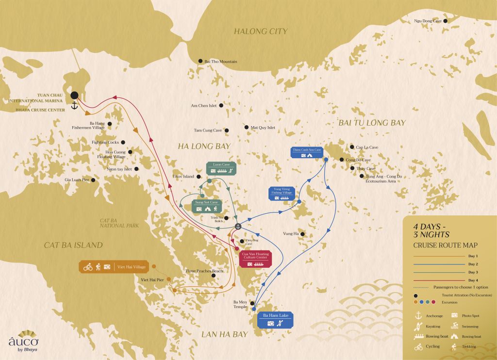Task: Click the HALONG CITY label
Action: (x=261, y=31)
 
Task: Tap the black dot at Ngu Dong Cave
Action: (x=445, y=21)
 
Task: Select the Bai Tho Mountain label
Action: (x=221, y=62)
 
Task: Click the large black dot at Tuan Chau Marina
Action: (x=75, y=96)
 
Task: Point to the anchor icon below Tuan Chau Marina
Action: (x=75, y=106)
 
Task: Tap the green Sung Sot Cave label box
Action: (x=207, y=205)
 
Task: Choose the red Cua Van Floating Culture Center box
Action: (x=255, y=259)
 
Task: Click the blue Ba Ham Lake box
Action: (x=275, y=320)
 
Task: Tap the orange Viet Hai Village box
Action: (x=114, y=267)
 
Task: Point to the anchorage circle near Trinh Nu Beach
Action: (x=238, y=227)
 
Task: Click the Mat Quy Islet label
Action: (x=263, y=128)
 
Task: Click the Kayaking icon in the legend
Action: (x=417, y=327)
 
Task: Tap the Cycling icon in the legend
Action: (x=418, y=346)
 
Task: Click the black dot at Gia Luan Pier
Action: (x=93, y=180)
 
